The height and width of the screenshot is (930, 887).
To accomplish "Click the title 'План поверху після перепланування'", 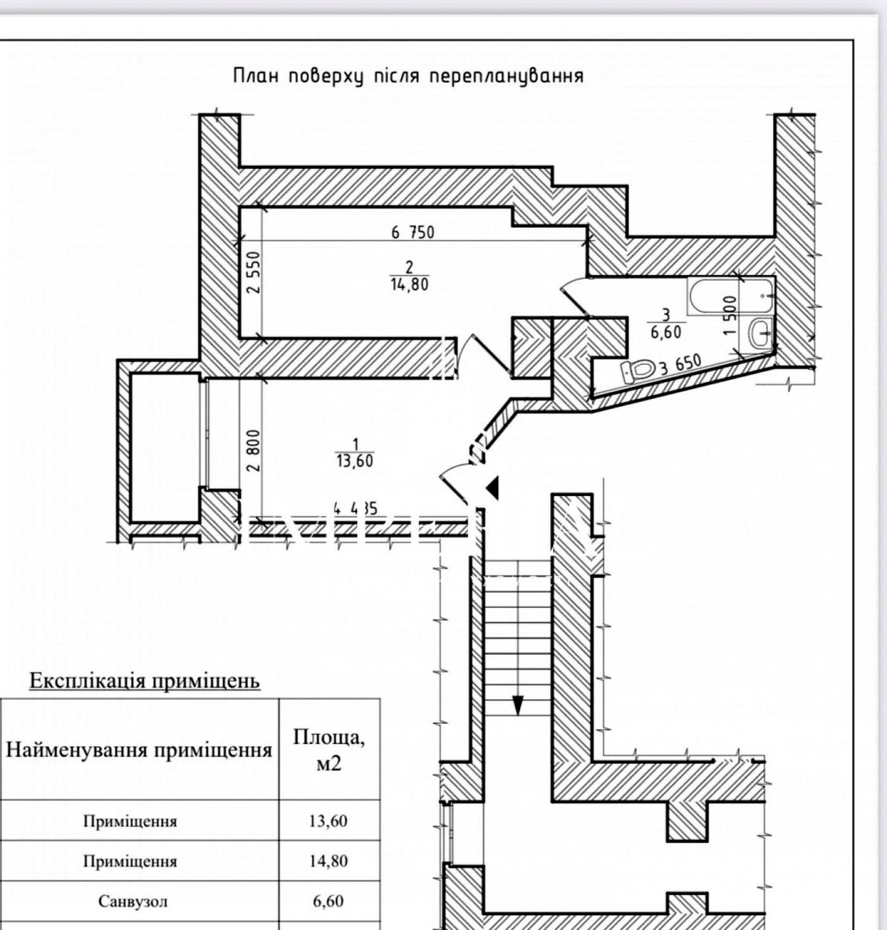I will click(407, 76).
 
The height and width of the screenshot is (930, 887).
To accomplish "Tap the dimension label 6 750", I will click(413, 231).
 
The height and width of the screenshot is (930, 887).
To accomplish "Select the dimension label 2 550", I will click(253, 273).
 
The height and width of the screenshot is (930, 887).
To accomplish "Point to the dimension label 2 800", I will click(253, 450).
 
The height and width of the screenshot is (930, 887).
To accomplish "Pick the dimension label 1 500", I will click(727, 315).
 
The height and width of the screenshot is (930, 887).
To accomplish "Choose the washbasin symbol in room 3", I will click(759, 334).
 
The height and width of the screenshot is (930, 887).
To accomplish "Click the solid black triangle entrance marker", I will click(493, 487).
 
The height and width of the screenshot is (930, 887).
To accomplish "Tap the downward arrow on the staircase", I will click(517, 704).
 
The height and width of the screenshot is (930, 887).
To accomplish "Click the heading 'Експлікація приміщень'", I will click(144, 681).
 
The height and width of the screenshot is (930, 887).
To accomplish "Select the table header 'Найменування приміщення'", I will click(139, 749).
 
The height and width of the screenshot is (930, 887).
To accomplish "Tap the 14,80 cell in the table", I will click(329, 860).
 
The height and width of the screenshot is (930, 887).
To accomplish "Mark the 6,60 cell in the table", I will click(329, 901).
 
